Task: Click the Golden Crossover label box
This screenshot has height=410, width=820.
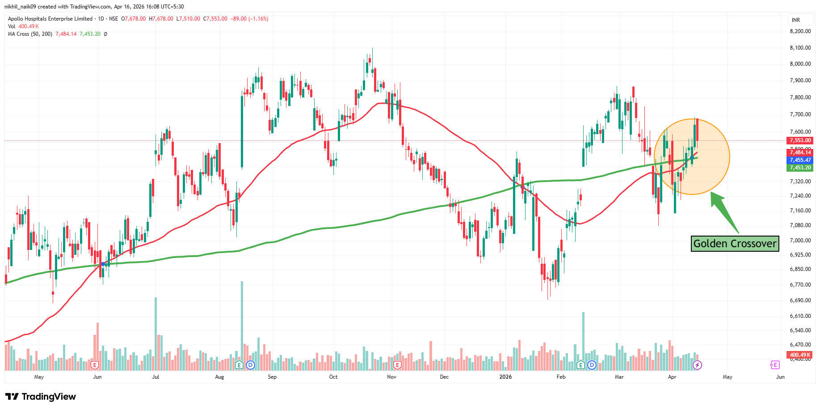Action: [735, 244]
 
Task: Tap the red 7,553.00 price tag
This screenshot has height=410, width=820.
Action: [800, 140]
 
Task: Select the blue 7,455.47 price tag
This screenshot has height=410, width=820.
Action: [800, 160]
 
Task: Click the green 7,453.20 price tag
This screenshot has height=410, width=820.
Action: [800, 168]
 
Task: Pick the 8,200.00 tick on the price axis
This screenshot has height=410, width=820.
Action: [800, 31]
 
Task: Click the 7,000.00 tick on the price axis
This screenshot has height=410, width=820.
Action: [800, 241]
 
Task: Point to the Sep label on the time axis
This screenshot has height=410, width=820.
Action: [272, 377]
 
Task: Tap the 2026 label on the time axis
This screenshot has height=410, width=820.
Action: [505, 377]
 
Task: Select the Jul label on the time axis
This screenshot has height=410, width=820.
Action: [156, 377]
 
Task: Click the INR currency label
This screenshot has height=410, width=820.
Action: [796, 20]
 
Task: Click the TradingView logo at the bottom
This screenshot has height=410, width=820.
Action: [41, 397]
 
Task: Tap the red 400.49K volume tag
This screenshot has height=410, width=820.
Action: [800, 355]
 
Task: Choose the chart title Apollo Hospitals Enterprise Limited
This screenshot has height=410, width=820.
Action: [50, 19]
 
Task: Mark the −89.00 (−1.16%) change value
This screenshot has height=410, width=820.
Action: [249, 19]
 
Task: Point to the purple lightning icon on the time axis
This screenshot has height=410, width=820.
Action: [697, 365]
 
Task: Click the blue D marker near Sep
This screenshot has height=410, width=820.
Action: [251, 365]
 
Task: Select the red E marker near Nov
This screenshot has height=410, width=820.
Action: [397, 365]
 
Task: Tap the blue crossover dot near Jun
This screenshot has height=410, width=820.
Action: [103, 264]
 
